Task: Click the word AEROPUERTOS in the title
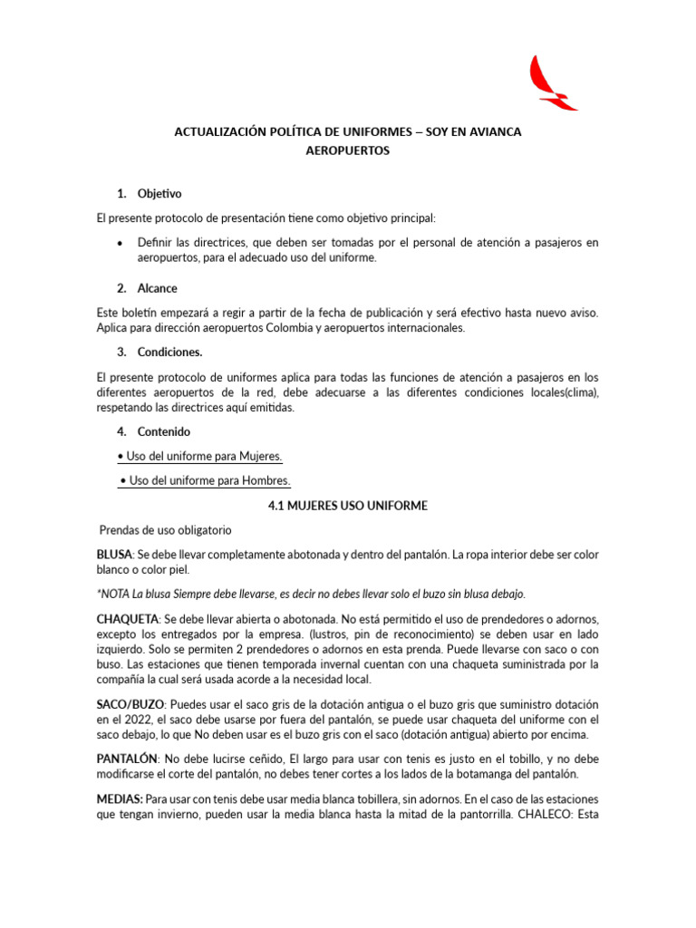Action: (348, 151)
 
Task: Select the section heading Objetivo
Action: (159, 194)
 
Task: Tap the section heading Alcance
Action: (158, 288)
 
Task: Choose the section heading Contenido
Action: (164, 431)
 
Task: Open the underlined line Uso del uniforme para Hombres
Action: (209, 480)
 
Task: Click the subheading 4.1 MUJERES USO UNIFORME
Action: (347, 506)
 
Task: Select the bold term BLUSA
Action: (113, 554)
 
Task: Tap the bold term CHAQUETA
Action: (125, 618)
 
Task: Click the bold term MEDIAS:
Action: (119, 800)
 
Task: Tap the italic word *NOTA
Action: (112, 594)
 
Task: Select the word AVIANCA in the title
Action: (490, 132)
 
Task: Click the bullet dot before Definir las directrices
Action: (121, 243)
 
